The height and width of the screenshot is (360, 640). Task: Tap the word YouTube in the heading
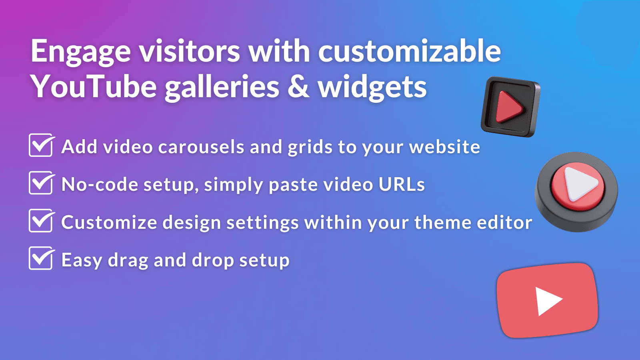[x=94, y=87]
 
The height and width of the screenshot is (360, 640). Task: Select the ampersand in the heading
[x=298, y=87]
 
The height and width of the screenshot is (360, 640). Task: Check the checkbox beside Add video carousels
[x=41, y=146]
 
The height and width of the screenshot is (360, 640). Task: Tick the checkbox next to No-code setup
[x=41, y=183]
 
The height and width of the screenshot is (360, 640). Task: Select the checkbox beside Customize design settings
[x=41, y=221]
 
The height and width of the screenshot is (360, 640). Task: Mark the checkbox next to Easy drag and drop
[x=41, y=259]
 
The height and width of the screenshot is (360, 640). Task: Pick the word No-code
[x=100, y=184]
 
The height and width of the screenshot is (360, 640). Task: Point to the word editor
[x=504, y=222]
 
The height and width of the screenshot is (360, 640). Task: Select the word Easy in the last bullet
[x=82, y=260]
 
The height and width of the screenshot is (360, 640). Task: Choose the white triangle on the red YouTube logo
[x=548, y=301]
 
